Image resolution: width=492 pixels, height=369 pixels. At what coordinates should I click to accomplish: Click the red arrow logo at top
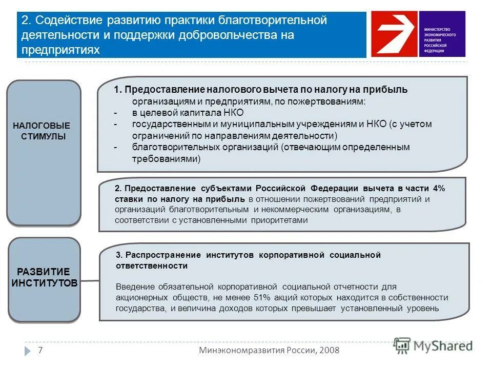394,34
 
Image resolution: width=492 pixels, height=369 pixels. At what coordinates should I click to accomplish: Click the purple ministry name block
441,34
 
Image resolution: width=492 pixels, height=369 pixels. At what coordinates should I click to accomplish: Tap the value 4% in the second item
439,188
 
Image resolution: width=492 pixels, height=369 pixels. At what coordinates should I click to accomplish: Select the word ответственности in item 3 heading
151,266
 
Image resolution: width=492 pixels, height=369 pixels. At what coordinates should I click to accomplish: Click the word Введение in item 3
133,286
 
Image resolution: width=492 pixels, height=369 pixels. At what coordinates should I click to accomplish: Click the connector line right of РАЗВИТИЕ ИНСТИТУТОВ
90,280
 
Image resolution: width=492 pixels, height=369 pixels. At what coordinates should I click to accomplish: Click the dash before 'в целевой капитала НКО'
116,112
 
